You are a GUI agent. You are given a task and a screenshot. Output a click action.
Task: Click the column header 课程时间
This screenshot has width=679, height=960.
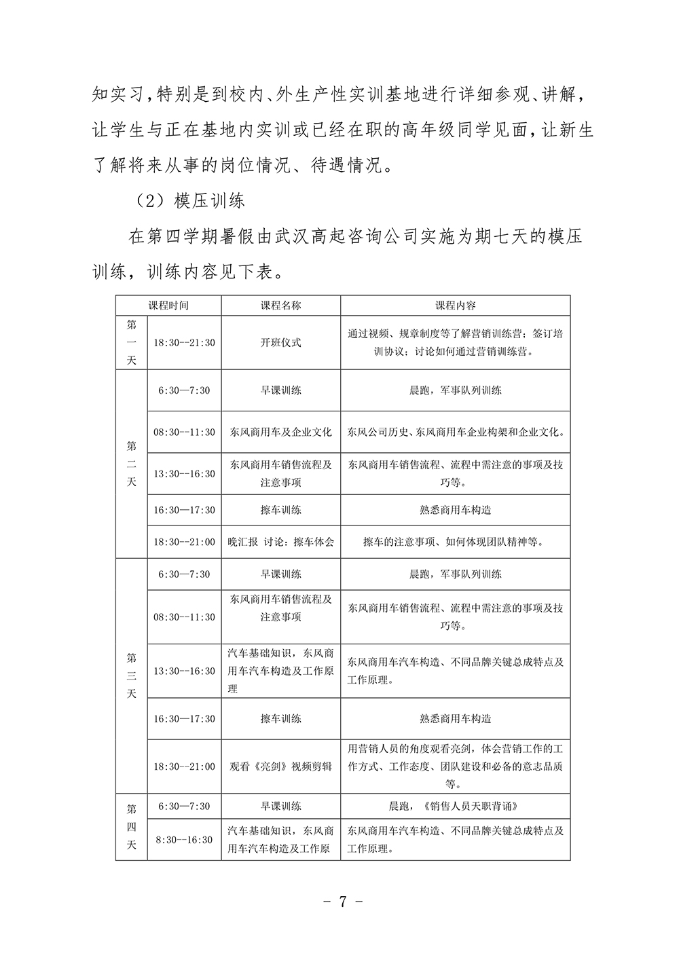coord(169,306)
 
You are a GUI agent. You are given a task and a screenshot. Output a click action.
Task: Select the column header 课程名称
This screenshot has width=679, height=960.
coord(281,306)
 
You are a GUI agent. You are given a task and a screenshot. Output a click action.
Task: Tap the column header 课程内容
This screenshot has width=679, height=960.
coord(455,306)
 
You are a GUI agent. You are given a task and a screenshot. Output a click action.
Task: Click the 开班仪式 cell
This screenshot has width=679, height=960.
coord(281,343)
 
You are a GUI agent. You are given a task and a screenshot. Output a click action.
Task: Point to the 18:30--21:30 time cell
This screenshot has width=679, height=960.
coord(184,343)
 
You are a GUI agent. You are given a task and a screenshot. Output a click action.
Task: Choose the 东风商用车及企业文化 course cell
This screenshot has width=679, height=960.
coord(281,432)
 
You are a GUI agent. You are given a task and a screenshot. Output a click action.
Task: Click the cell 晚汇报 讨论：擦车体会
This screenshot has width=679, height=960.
coord(281,542)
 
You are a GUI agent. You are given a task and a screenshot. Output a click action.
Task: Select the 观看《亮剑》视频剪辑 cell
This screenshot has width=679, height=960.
coord(281,767)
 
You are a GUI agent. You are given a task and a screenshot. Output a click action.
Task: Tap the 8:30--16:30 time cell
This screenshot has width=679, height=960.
coord(184,840)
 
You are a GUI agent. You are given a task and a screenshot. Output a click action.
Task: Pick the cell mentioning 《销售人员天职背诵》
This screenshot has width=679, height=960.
coord(455,807)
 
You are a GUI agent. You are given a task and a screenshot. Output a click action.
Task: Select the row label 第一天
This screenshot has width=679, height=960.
coord(132,343)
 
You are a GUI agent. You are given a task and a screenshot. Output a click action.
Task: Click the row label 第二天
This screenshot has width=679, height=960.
coord(132,464)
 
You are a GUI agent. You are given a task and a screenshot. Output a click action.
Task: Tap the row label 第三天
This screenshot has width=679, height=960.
coord(132,676)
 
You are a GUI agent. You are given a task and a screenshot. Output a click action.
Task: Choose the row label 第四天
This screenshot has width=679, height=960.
coord(132,827)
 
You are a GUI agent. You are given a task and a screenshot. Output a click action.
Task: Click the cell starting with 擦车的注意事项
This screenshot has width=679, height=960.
coord(455,542)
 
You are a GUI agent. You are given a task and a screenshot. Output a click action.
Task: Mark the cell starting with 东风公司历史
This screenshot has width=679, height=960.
coord(455,432)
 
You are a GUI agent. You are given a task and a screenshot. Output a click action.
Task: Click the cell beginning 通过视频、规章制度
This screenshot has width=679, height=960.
coord(455,343)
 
